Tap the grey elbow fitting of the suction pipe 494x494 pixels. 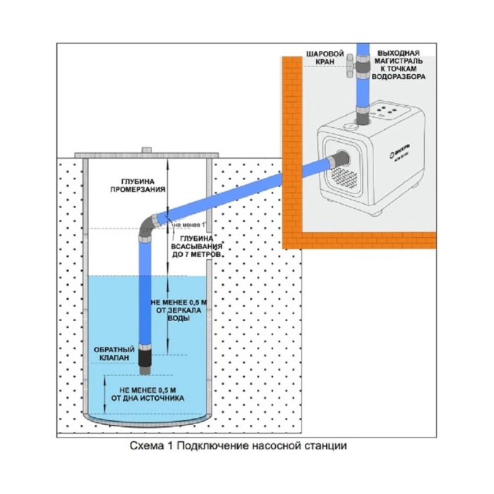point(150,226)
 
